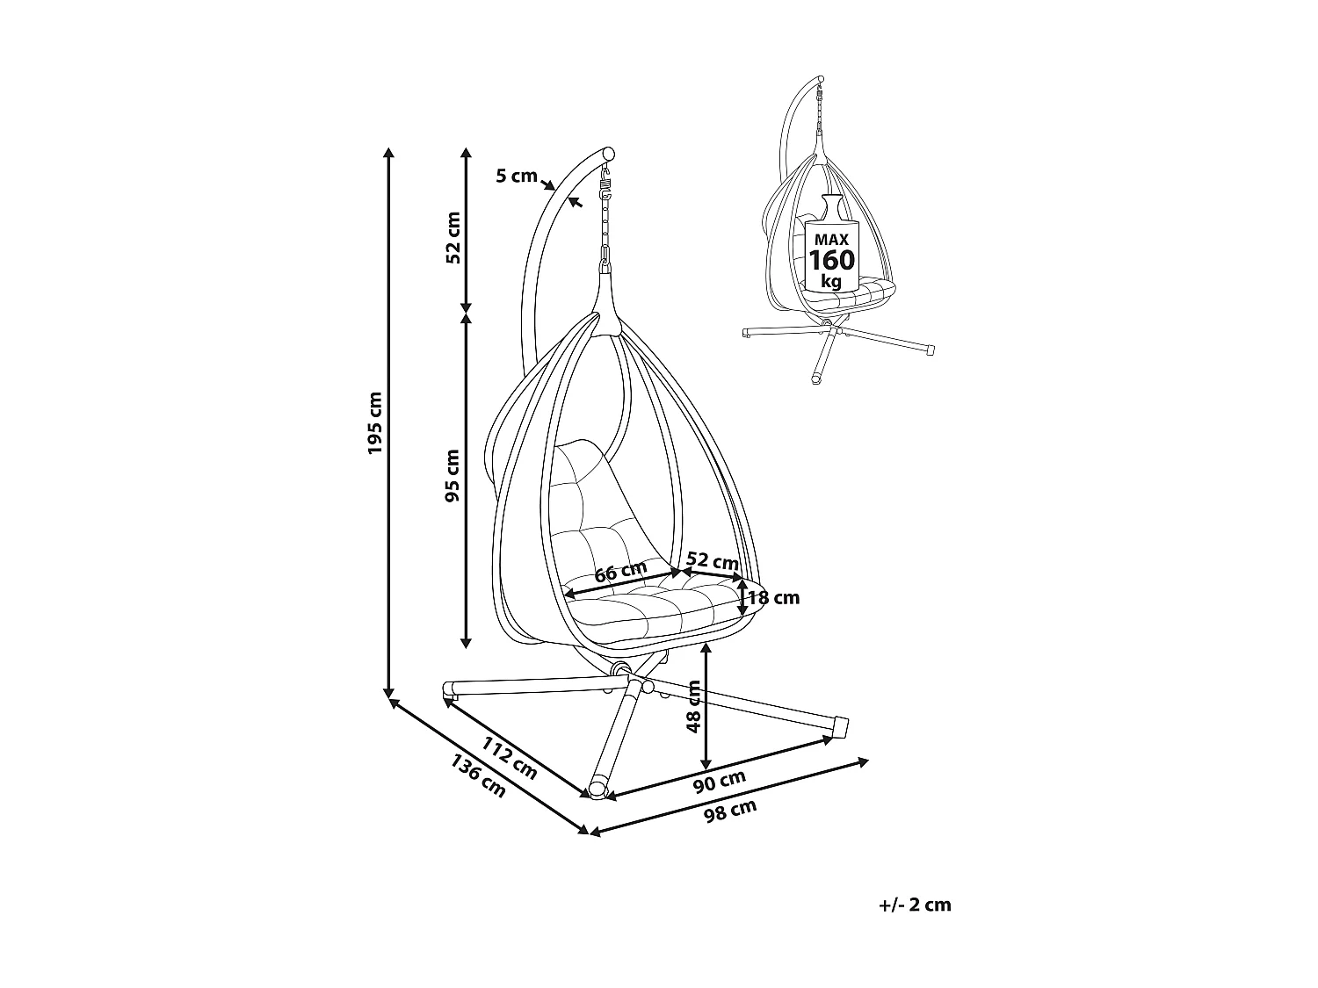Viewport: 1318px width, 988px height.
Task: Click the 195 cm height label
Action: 376,422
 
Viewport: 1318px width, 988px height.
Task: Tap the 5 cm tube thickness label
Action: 516,176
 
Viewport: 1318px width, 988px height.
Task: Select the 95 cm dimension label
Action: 453,475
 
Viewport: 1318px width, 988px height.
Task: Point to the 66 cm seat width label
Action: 620,572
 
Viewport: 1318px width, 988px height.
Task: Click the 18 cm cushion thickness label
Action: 773,598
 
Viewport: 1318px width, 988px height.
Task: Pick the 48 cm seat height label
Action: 693,706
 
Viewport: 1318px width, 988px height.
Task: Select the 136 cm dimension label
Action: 478,776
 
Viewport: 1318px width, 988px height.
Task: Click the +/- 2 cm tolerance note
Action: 915,905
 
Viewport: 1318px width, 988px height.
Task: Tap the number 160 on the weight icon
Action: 830,261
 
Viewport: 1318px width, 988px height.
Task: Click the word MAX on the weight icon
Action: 830,239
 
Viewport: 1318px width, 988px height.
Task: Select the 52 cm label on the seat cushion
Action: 712,560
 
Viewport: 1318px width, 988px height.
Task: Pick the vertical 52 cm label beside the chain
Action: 453,237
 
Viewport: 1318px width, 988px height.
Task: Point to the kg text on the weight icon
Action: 830,282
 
